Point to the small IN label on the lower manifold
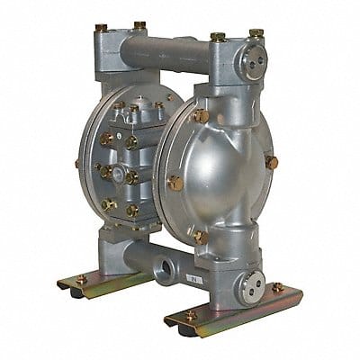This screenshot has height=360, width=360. click(217, 280)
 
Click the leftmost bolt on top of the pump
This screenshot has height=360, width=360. click(102, 29)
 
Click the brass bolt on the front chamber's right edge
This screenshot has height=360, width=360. click(272, 163)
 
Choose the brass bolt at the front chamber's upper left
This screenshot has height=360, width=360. click(200, 116)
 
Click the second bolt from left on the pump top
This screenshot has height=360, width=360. click(139, 26)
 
